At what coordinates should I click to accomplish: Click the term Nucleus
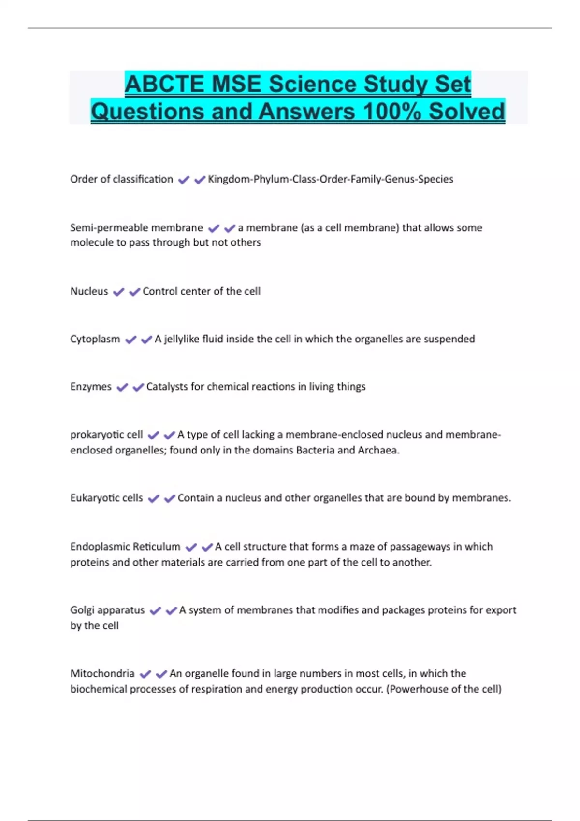[89, 291]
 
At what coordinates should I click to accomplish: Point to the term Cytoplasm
[95, 339]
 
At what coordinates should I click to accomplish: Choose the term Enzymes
[90, 387]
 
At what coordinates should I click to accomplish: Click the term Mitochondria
[102, 673]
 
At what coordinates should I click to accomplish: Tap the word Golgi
[82, 610]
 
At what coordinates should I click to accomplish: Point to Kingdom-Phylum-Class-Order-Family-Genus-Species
[330, 179]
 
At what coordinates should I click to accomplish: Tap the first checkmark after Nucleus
[118, 292]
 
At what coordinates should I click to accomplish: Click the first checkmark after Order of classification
[183, 180]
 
